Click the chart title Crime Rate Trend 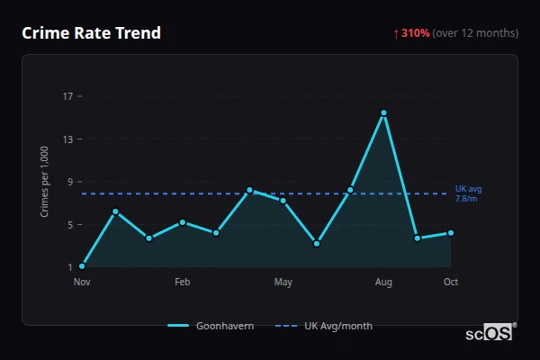coord(91,33)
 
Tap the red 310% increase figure coord(414,33)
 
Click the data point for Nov coord(82,266)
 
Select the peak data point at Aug coord(383,113)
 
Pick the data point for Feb coord(183,222)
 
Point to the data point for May coord(283,201)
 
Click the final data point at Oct coord(450,233)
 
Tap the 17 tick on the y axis coord(68,96)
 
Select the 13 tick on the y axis coord(68,139)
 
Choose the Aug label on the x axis coord(383,283)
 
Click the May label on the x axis coord(283,283)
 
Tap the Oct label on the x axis coord(450,283)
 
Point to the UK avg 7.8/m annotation coord(468,193)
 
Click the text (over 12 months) coord(475,33)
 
